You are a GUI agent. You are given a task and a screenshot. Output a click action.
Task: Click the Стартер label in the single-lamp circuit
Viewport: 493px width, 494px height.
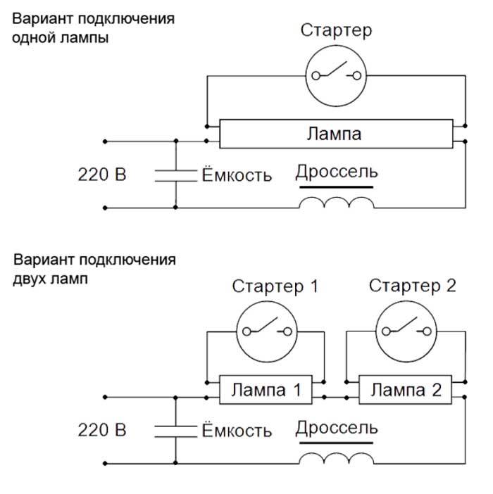tap(336, 31)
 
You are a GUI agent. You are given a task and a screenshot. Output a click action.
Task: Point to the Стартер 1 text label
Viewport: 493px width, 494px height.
tap(275, 286)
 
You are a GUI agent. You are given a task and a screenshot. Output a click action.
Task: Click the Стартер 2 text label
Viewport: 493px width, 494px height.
tap(412, 286)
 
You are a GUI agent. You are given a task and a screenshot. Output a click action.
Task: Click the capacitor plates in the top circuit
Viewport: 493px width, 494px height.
tap(175, 176)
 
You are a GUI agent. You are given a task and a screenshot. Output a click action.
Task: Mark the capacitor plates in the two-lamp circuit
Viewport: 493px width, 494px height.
tap(175, 431)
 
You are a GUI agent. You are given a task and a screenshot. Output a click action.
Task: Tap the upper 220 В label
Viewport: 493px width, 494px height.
tap(102, 175)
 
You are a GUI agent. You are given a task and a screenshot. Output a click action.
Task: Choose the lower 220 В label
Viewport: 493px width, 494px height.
tap(102, 430)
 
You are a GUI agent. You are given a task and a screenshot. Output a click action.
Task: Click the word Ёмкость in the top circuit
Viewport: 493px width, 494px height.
tap(237, 174)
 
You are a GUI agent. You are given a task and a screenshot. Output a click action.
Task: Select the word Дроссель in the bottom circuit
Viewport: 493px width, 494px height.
tap(337, 429)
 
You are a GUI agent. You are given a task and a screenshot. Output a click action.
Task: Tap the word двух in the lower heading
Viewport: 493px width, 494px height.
tap(29, 279)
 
